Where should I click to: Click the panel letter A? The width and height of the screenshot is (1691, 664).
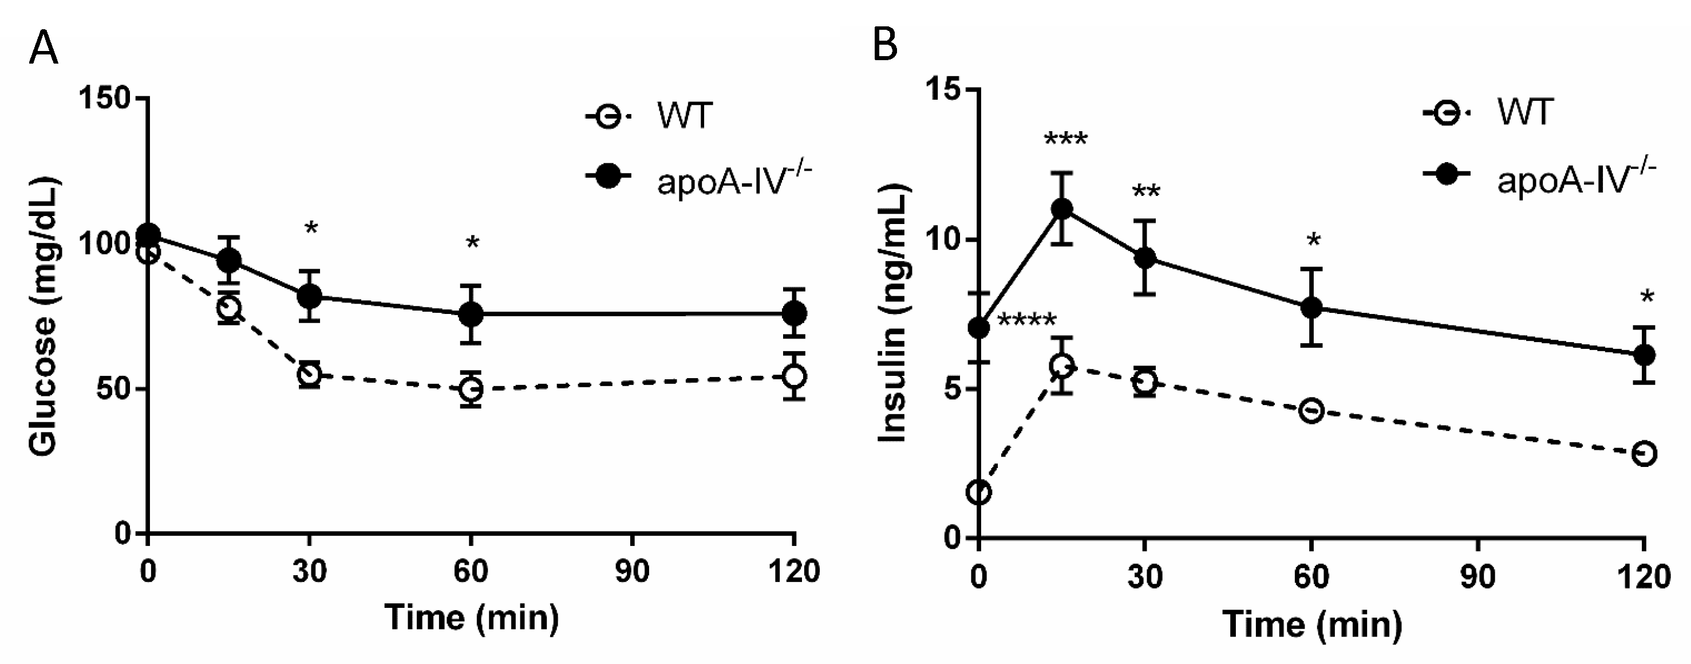click(x=44, y=48)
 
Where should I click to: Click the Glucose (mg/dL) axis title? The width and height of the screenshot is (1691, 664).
click(x=44, y=315)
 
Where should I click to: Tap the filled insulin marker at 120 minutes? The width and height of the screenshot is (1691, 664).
click(x=1643, y=355)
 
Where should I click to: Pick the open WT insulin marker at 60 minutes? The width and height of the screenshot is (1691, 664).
click(x=1311, y=411)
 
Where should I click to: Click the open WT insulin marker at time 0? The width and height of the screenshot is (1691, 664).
click(x=979, y=493)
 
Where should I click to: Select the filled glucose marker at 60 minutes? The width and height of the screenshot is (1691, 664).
click(x=471, y=314)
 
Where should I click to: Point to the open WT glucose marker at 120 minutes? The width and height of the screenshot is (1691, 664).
click(x=795, y=376)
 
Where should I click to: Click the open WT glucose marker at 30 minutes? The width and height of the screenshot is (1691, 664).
click(x=309, y=374)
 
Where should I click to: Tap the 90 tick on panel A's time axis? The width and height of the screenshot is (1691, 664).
click(x=632, y=573)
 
